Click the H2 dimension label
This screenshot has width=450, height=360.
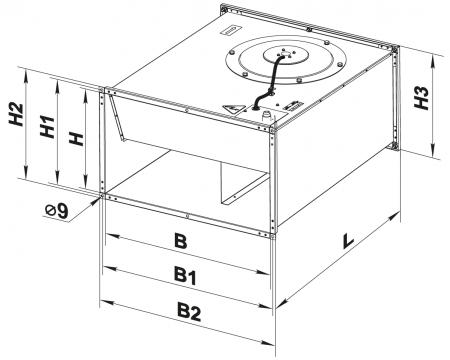16,115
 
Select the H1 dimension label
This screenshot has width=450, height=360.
47,127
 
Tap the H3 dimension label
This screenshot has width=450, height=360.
421,98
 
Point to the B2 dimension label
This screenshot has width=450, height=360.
189,312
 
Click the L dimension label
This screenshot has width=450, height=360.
348,241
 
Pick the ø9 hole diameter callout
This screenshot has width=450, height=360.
57,211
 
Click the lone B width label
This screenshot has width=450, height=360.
181,241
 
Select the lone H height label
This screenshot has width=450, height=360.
76,138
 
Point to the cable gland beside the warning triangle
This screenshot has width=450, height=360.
266,116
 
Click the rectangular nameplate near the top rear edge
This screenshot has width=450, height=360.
230,30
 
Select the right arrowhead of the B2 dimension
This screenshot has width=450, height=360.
268,343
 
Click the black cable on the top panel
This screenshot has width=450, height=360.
269,82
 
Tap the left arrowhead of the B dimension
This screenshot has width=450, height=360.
113,236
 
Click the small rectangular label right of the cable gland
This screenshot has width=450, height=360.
293,105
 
